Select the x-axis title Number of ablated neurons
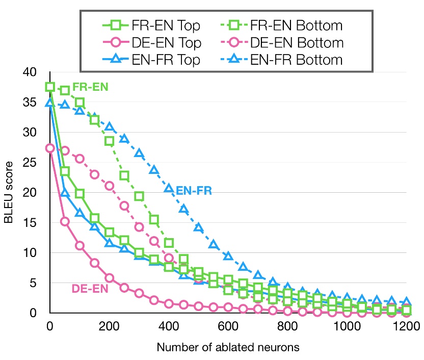pos(227,348)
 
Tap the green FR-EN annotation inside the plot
pos(90,87)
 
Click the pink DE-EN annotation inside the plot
pos(89,289)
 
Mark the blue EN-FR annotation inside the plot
pos(194,191)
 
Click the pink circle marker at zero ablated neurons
pos(50,148)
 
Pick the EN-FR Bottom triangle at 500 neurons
pos(198,227)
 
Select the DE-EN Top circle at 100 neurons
pos(79,245)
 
